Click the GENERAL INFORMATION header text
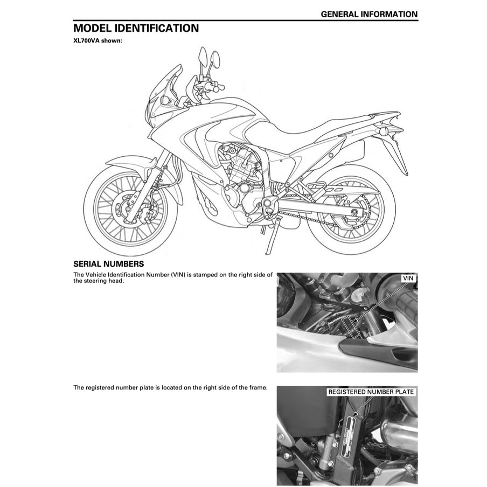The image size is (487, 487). pos(368,15)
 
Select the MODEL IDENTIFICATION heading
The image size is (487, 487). pos(136,28)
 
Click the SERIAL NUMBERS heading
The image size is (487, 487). pos(108,264)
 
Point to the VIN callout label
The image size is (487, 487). pos(408,278)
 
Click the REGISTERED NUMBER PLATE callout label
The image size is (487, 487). pos(371,392)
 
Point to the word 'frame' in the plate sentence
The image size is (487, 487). pos(256,387)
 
